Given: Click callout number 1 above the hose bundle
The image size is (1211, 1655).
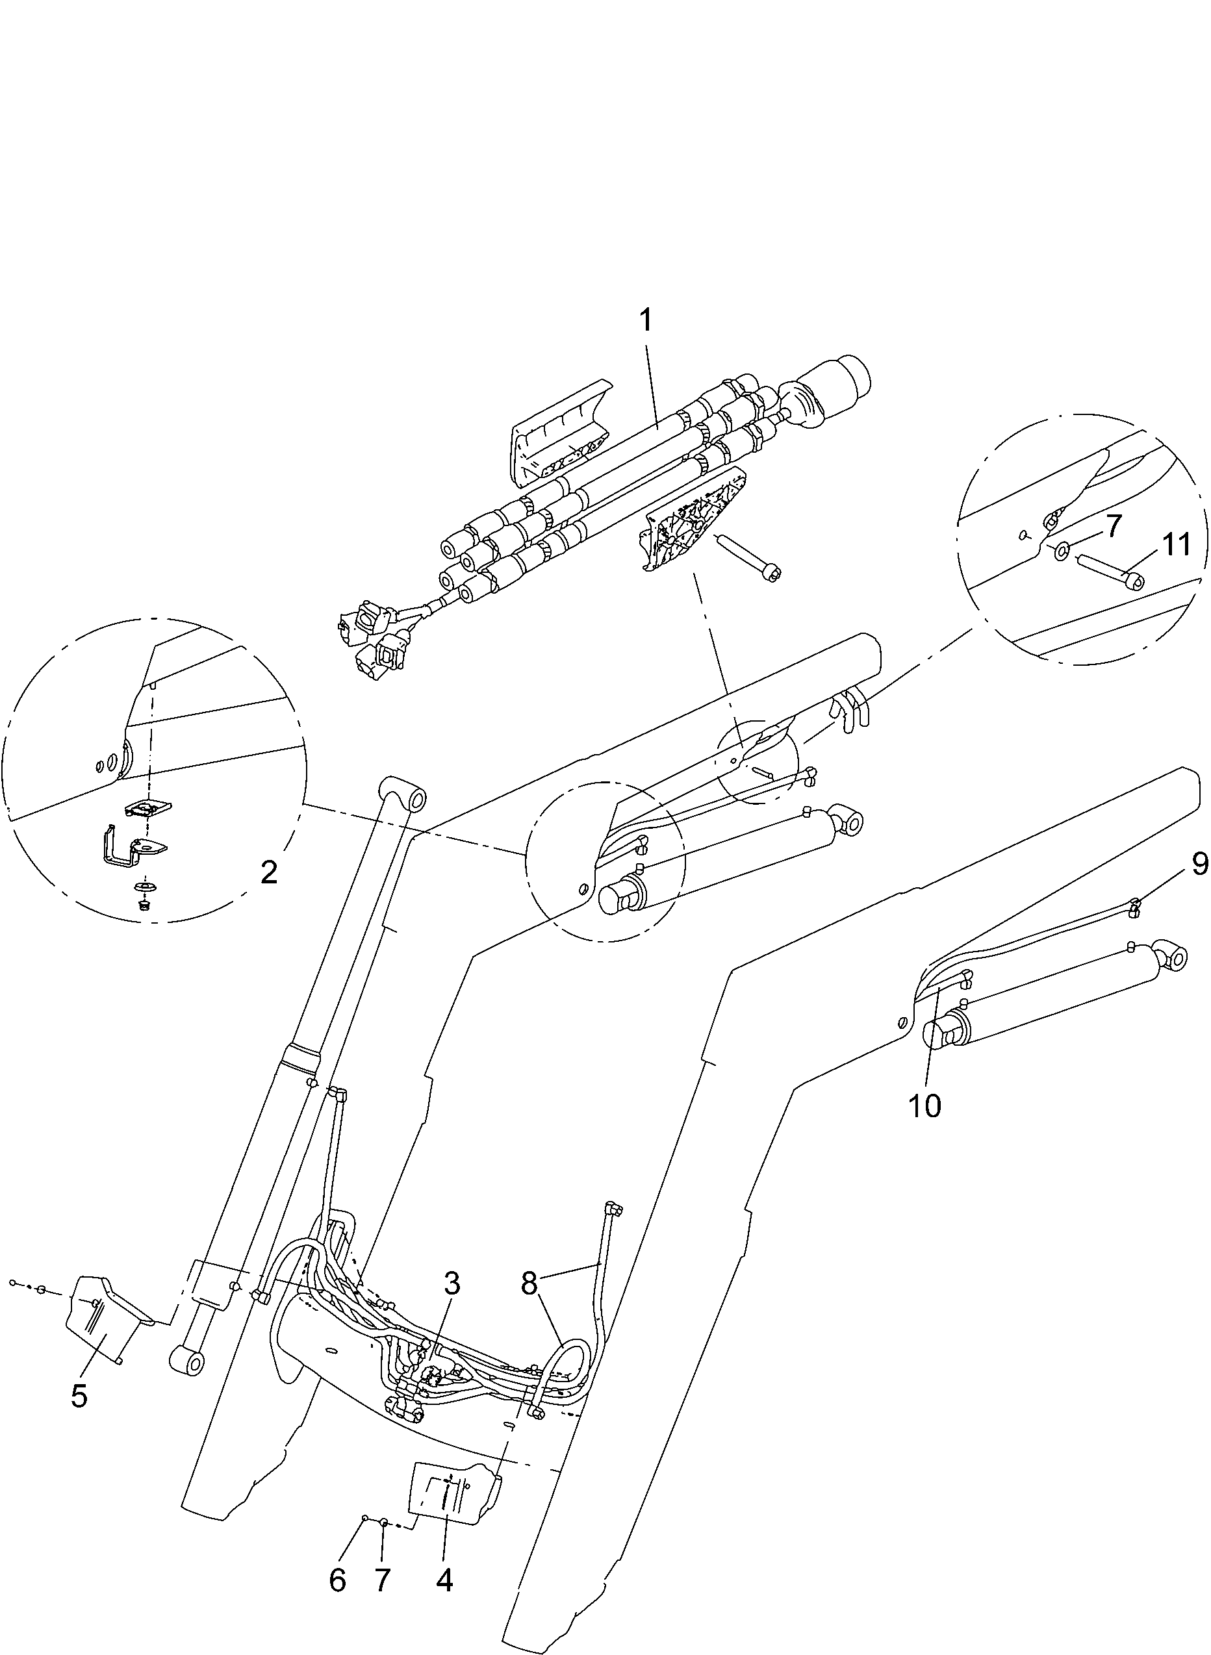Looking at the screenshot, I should (646, 321).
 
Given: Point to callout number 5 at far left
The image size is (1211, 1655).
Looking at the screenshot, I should (79, 1396).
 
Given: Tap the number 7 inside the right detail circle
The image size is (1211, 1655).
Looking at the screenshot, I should (1114, 527).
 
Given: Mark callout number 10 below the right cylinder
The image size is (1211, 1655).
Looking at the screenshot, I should (924, 1106).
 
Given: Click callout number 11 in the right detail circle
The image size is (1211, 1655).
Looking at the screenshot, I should (1176, 546).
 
